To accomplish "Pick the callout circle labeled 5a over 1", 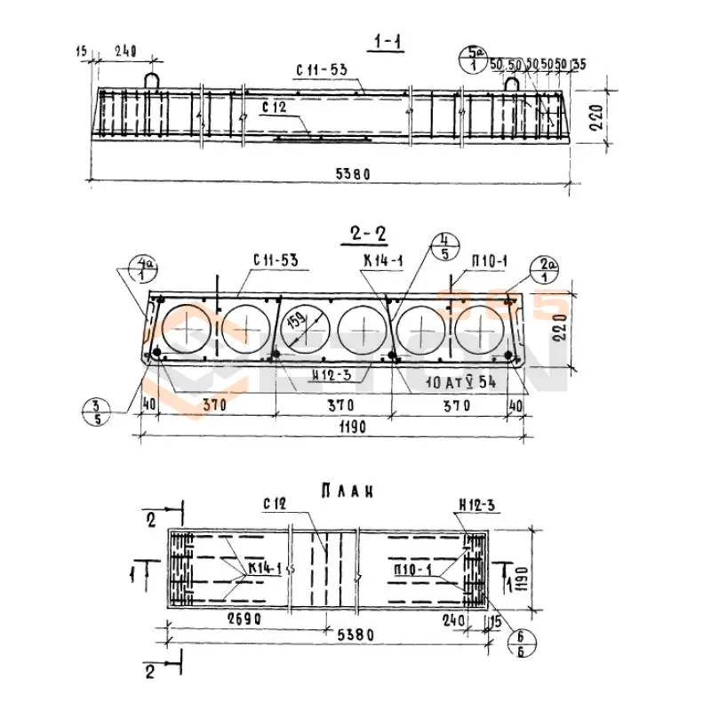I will click(471, 59).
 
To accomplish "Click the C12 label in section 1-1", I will click(275, 106).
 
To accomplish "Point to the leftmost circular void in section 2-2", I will click(186, 329).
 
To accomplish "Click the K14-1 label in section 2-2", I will click(382, 260).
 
